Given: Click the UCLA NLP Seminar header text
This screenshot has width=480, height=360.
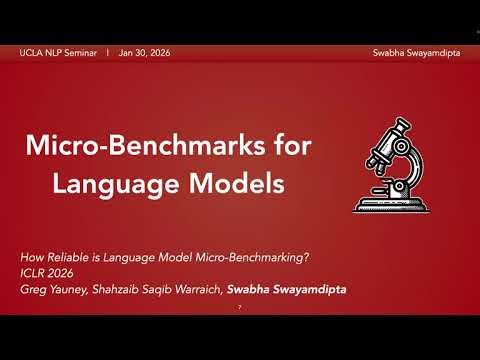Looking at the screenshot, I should pos(57,51).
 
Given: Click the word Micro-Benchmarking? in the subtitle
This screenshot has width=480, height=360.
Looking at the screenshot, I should pos(260,258).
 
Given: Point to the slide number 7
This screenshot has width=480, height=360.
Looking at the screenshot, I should pos(240,307).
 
